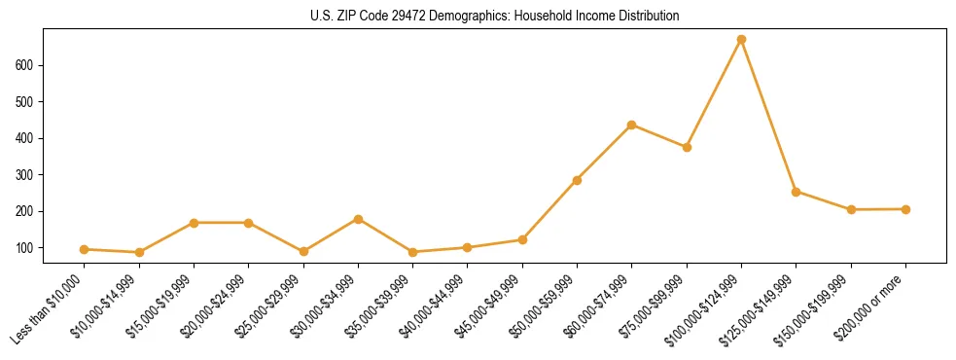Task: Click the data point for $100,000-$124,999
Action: (741, 40)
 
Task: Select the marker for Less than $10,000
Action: (85, 249)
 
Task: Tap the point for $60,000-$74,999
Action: (632, 125)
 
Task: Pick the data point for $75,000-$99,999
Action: (687, 147)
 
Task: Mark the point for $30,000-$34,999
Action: (359, 219)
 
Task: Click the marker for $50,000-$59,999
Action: (577, 180)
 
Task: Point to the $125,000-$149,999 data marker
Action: (796, 192)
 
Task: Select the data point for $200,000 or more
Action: (905, 209)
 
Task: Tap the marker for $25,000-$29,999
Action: (303, 251)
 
